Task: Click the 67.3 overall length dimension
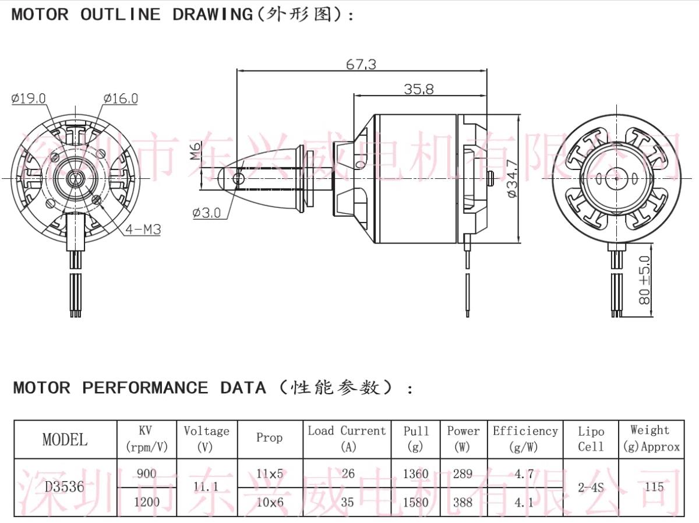(x=361, y=64)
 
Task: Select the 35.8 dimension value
(x=419, y=89)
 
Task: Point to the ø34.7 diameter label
(x=513, y=179)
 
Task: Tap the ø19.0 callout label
(x=29, y=98)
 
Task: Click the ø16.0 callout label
(x=121, y=98)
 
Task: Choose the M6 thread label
(x=196, y=151)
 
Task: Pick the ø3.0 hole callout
(x=207, y=213)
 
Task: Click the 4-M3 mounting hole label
(x=143, y=229)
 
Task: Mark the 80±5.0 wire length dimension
(x=645, y=280)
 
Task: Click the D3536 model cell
(x=65, y=487)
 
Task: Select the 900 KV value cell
(x=146, y=473)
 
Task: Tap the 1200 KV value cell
(x=146, y=502)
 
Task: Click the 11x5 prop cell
(x=270, y=473)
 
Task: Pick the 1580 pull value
(x=415, y=502)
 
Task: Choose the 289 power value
(x=463, y=473)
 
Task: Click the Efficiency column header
(x=525, y=431)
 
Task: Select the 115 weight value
(x=654, y=487)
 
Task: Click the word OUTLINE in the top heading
(x=120, y=15)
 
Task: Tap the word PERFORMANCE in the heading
(x=145, y=388)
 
